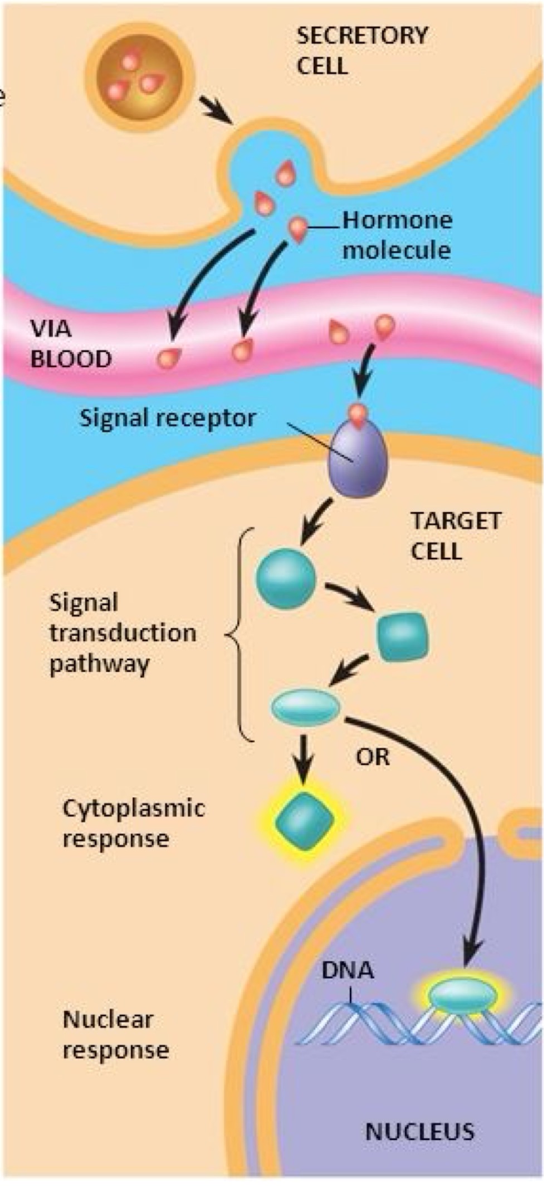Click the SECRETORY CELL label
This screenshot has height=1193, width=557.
click(361, 51)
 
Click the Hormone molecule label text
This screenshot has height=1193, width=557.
click(397, 235)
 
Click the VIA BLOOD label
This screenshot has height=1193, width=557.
click(71, 344)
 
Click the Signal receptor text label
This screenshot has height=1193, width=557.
click(167, 417)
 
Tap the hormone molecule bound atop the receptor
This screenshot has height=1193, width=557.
click(358, 413)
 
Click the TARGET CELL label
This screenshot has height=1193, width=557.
click(455, 536)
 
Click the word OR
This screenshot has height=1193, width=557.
click(373, 757)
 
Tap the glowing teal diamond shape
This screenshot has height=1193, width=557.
click(304, 822)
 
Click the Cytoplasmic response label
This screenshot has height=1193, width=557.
click(133, 823)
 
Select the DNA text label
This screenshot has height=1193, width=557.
click(347, 970)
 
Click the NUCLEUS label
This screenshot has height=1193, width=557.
click(419, 1132)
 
